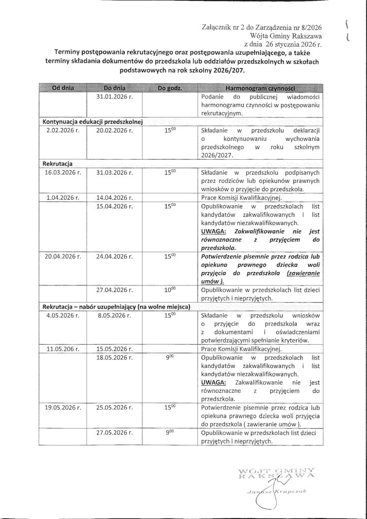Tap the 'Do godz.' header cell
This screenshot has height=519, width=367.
pos(170,88)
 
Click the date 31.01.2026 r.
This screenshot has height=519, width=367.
pos(115,97)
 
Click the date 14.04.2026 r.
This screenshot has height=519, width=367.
pos(115,197)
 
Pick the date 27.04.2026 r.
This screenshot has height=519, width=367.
pos(115,289)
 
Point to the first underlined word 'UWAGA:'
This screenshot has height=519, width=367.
pos(215,231)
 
